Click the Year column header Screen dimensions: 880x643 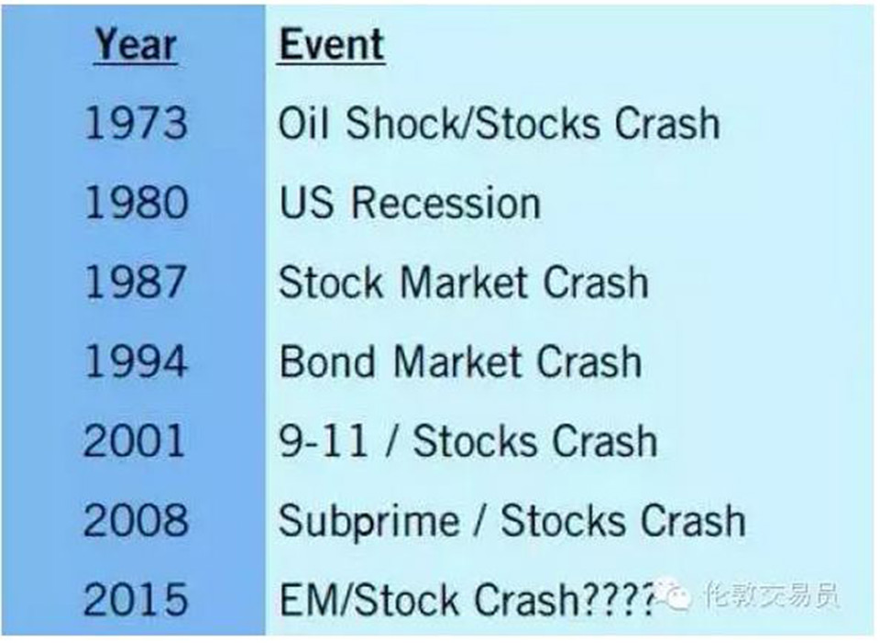[x=136, y=45]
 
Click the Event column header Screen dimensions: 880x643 [x=331, y=44]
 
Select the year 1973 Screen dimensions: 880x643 [x=136, y=123]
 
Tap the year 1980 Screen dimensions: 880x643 [x=136, y=203]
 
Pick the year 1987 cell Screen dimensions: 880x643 [x=136, y=282]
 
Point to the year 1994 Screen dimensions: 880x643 [x=136, y=361]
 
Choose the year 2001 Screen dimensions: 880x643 [x=134, y=441]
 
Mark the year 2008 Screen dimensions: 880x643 [x=136, y=520]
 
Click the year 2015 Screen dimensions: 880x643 [x=136, y=599]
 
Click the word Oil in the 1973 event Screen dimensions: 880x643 [x=302, y=122]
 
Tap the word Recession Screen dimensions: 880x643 [x=446, y=203]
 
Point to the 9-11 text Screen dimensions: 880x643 [x=324, y=441]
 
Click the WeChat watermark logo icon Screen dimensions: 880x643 [x=676, y=593]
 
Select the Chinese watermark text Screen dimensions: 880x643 [x=772, y=594]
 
